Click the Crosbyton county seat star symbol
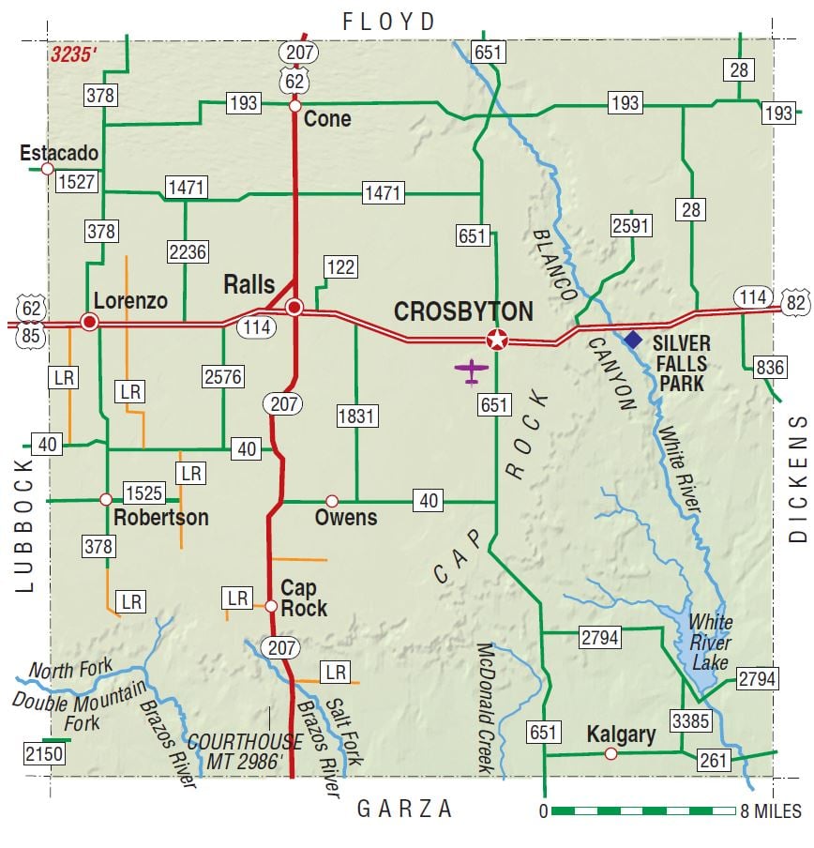(496, 340)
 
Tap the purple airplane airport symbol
(472, 371)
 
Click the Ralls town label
(249, 284)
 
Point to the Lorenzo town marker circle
(90, 322)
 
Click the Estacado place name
(59, 153)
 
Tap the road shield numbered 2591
(630, 225)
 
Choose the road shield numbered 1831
(356, 414)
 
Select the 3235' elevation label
(73, 54)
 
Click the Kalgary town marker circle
(610, 753)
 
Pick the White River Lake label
(710, 642)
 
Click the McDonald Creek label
(485, 708)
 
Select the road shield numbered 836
(770, 368)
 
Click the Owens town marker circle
(331, 501)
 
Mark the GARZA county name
(405, 809)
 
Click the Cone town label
(327, 118)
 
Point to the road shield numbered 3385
(690, 721)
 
